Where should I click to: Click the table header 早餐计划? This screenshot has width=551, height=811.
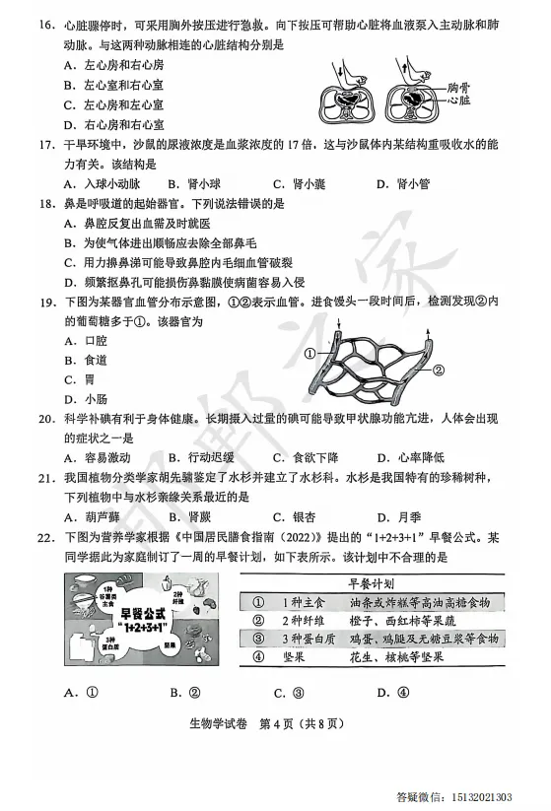click(379, 581)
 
